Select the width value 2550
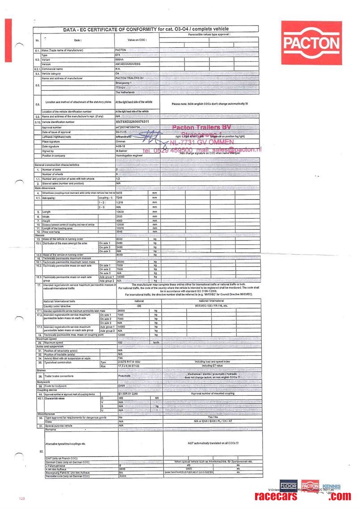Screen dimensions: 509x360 120,217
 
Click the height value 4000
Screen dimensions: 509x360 120,221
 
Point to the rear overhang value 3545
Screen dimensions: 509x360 120,232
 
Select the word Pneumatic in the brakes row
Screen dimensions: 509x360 124,376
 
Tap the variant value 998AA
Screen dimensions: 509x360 120,59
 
